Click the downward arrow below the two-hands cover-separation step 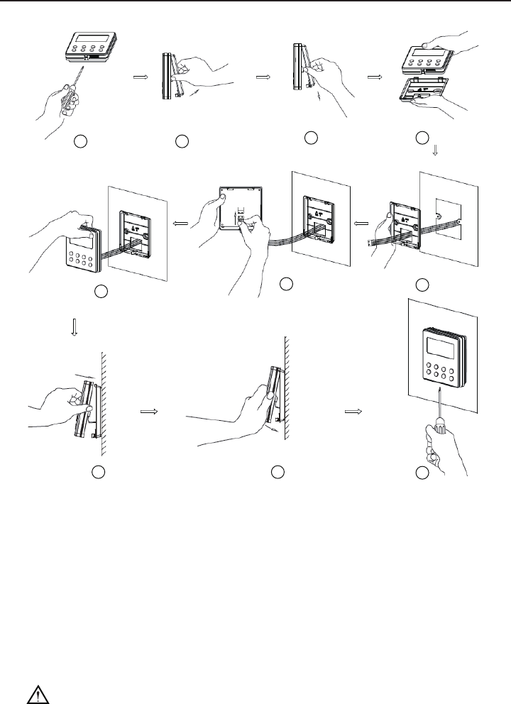[436, 150]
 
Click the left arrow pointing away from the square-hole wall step [360, 222]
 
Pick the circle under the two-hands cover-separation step [423, 137]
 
